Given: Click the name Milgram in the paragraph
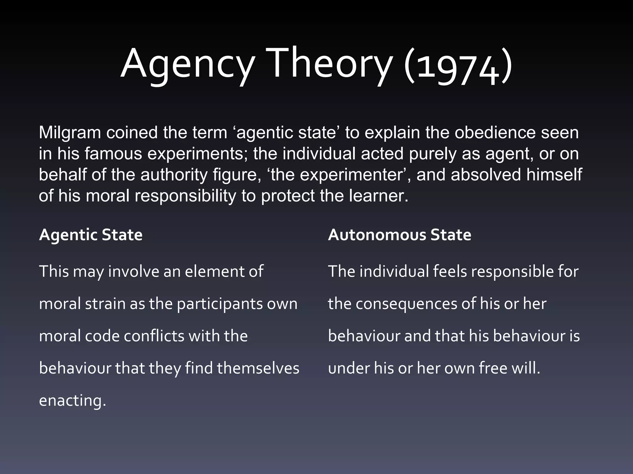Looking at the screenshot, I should pyautogui.click(x=70, y=133).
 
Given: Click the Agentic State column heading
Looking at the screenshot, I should pyautogui.click(x=91, y=235).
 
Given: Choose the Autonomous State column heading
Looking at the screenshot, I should pyautogui.click(x=399, y=235).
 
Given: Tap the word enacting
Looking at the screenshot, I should pyautogui.click(x=72, y=401).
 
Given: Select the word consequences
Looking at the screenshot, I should pyautogui.click(x=406, y=304).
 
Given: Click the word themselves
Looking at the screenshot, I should pyautogui.click(x=258, y=368).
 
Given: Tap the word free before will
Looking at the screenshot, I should pyautogui.click(x=493, y=368).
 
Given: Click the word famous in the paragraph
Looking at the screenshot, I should pyautogui.click(x=113, y=154).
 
